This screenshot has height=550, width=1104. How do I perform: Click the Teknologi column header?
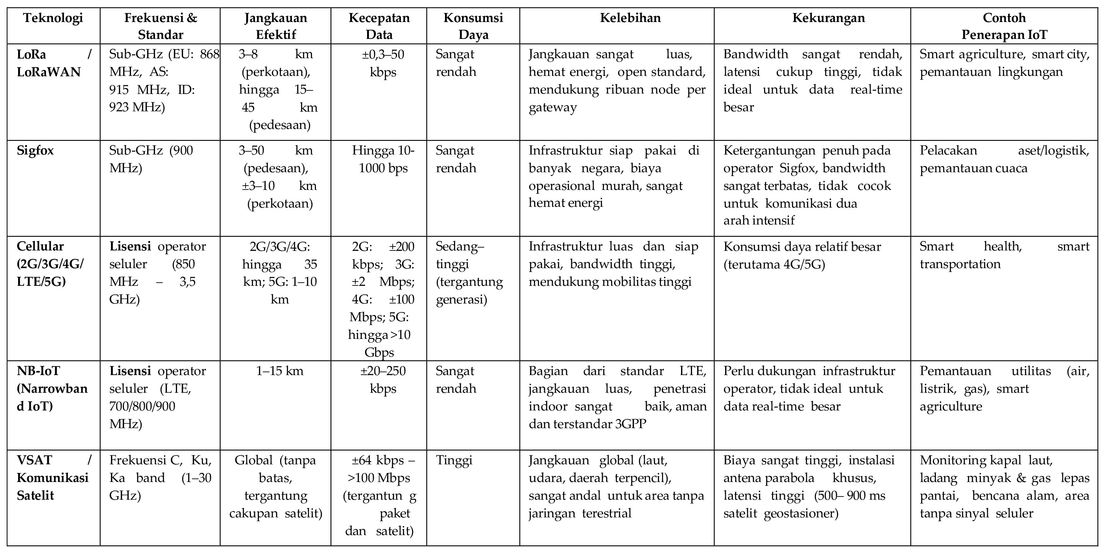(x=53, y=18)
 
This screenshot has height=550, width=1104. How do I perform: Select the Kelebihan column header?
(x=630, y=18)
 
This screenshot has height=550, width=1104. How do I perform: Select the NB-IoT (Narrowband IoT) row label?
(x=52, y=388)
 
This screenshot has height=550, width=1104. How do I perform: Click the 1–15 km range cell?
(x=279, y=371)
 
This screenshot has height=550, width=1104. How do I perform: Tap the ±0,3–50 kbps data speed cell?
(x=383, y=63)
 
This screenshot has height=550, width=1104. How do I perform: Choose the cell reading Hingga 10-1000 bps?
(x=383, y=159)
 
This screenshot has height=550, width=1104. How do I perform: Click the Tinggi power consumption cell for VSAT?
(x=454, y=460)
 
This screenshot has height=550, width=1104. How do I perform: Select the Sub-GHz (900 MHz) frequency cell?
(x=151, y=159)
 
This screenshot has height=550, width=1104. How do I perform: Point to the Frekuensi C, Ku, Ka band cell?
(x=160, y=478)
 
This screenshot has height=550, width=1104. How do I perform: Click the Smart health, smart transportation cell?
(x=1004, y=255)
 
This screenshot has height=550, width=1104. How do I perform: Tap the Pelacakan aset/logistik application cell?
(x=1004, y=159)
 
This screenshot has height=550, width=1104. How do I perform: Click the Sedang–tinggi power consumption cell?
(x=469, y=273)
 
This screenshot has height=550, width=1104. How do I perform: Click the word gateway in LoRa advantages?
(x=552, y=107)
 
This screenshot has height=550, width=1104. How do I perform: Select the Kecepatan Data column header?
(x=379, y=26)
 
